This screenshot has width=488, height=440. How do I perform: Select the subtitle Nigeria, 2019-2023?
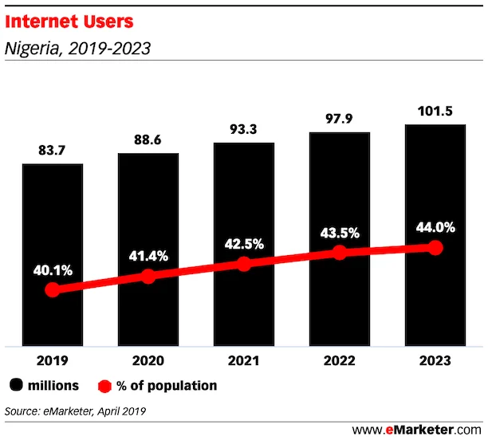pyautogui.click(x=78, y=48)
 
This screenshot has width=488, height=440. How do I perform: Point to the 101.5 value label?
pyautogui.click(x=435, y=111)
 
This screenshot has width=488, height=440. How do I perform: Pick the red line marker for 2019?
pyautogui.click(x=52, y=289)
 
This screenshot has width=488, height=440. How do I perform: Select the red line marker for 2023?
pyautogui.click(x=435, y=248)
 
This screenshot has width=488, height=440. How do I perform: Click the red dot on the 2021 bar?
pyautogui.click(x=243, y=264)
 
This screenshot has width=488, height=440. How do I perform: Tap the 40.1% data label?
pyautogui.click(x=52, y=269)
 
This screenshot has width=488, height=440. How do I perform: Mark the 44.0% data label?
pyautogui.click(x=435, y=227)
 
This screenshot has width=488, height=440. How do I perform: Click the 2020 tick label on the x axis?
pyautogui.click(x=148, y=359)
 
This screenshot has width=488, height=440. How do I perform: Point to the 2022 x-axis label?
pyautogui.click(x=339, y=359)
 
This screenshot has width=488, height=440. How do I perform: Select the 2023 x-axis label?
pyautogui.click(x=435, y=359)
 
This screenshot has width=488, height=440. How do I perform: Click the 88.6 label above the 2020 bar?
pyautogui.click(x=148, y=140)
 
